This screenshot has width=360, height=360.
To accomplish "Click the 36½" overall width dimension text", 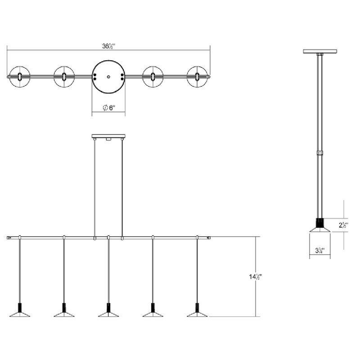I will point(108,46).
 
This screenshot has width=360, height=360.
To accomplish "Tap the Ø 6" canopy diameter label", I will point(109,108).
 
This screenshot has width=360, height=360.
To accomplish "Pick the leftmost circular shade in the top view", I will point(20,77).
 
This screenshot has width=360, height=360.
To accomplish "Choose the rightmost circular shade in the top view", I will point(197,77).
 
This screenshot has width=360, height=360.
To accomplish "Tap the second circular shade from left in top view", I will point(64,77).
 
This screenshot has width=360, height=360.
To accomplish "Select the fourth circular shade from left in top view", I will point(153,77).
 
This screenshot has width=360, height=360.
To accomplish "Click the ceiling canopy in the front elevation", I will point(108,136).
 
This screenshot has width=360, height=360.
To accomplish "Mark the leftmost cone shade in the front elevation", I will point(20,313).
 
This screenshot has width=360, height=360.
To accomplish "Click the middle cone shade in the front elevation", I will point(108,313).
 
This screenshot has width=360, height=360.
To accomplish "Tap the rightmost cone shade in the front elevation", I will point(197,313).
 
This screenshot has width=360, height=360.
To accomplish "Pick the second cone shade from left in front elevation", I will point(64,313).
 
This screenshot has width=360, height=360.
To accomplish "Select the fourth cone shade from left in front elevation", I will point(153,313).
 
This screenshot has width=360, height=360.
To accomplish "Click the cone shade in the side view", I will point(319,229).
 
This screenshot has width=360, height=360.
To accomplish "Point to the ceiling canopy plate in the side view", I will point(319,51).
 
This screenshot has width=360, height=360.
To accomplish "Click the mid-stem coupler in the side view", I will point(320,153).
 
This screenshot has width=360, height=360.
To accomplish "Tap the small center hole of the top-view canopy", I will point(108,77).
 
